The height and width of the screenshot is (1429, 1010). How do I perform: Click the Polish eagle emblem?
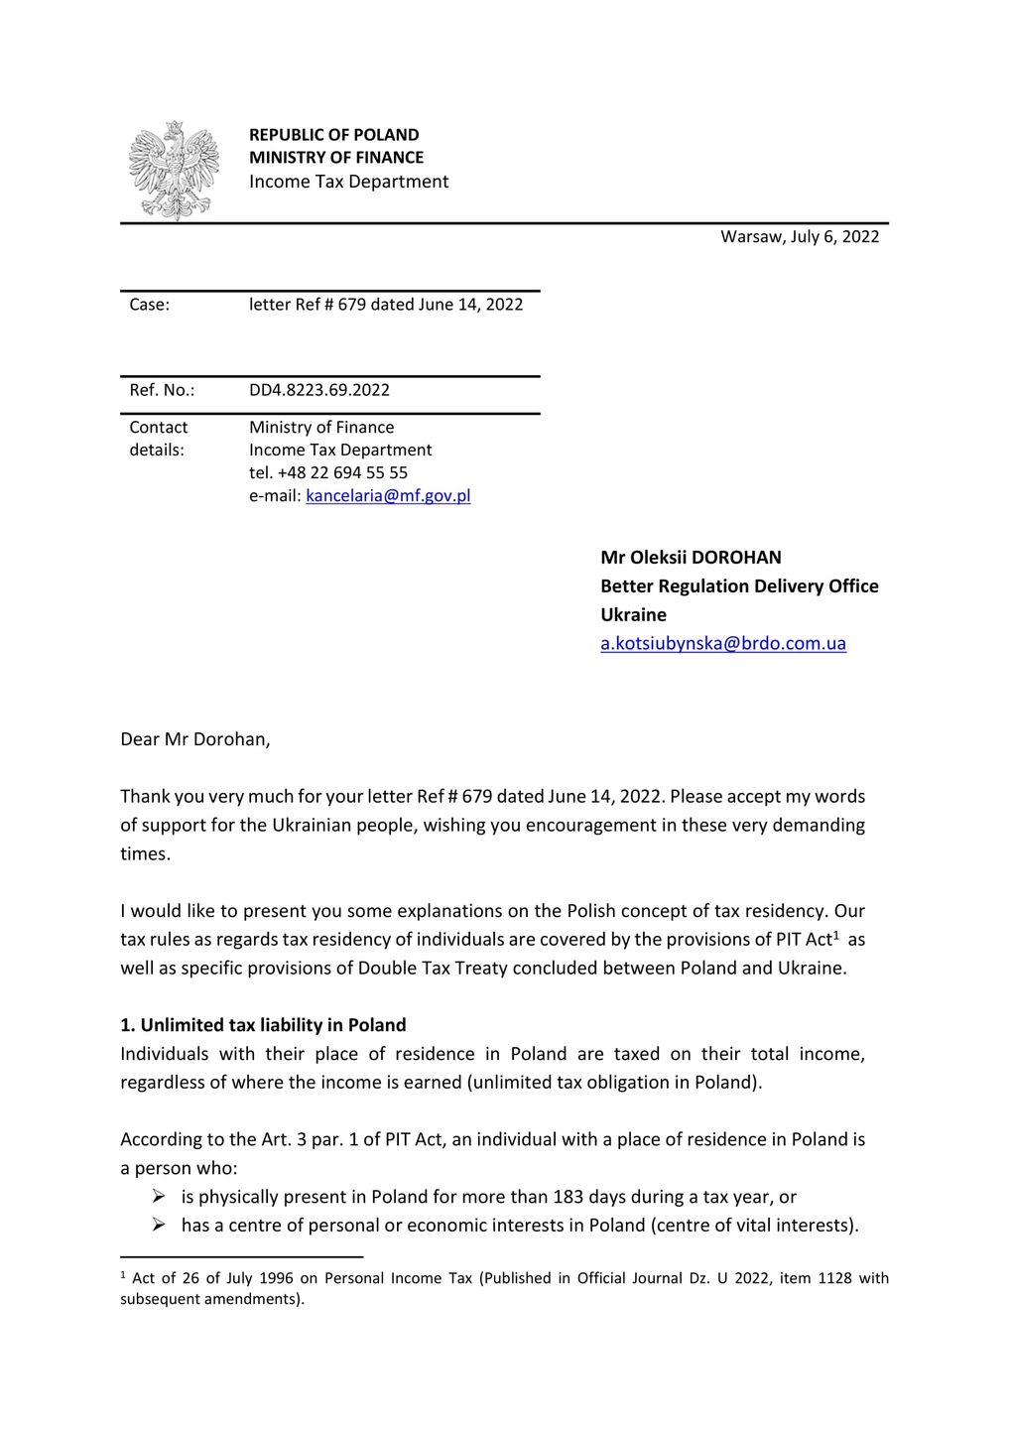(x=174, y=170)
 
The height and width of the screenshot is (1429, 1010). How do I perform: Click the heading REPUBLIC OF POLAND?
(x=333, y=135)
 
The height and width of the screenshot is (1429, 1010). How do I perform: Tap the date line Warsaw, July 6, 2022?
(x=800, y=236)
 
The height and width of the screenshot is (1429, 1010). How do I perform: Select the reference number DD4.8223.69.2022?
(x=318, y=390)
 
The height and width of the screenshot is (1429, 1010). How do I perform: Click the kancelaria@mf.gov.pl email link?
(x=388, y=495)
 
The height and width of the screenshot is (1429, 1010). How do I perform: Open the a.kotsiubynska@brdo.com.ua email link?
(x=722, y=643)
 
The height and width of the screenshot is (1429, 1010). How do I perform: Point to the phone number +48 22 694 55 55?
(x=342, y=472)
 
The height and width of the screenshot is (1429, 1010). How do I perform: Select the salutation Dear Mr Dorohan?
(x=194, y=739)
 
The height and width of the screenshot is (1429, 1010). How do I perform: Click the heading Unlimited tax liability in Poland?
(x=273, y=1025)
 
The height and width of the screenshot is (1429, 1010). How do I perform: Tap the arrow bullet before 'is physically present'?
(x=159, y=1197)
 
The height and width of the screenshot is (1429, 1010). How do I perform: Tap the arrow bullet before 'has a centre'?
(x=159, y=1226)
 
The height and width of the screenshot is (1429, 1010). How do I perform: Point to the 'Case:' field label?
(x=149, y=305)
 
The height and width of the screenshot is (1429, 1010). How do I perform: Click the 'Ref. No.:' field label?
(x=162, y=390)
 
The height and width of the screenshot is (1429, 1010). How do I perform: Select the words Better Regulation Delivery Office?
(x=739, y=586)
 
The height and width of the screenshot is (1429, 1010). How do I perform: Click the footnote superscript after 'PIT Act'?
(x=836, y=935)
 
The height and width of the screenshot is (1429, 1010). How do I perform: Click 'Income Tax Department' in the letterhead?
(x=348, y=182)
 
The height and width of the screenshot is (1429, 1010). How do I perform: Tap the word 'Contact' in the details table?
(x=158, y=428)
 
